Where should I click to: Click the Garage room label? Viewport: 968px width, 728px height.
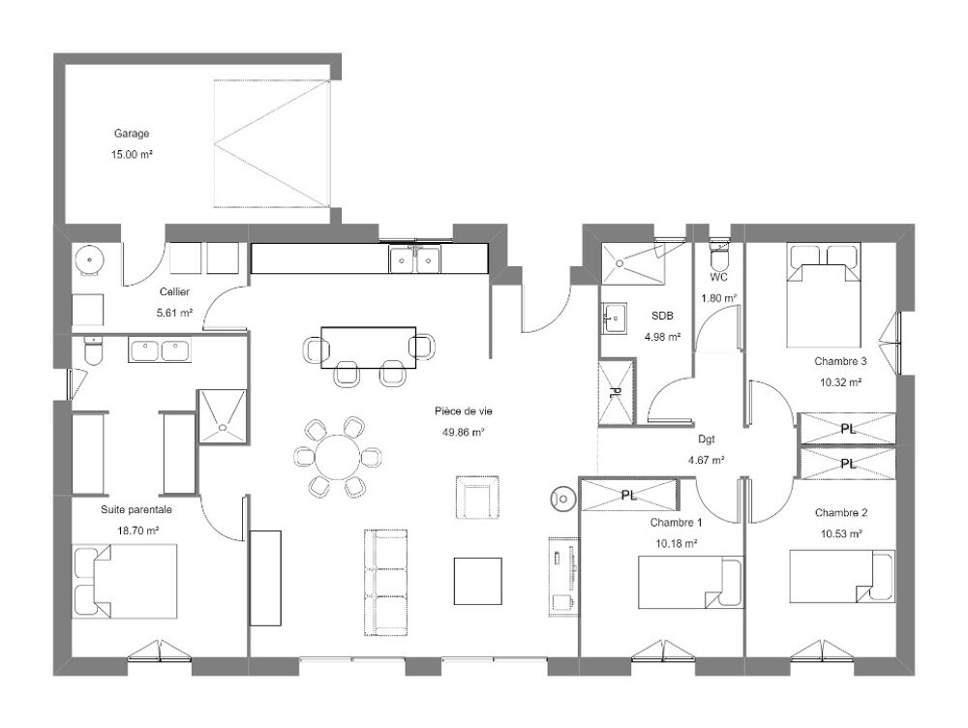tap(132, 134)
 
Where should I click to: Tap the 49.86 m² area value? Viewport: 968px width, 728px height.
tap(463, 432)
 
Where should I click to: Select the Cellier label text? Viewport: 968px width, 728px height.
tap(174, 291)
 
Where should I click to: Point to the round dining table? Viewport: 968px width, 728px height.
tap(337, 457)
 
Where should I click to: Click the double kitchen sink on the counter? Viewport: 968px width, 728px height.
tap(414, 259)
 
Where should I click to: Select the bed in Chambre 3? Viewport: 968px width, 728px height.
tap(824, 295)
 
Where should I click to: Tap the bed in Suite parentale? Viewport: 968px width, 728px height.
tap(125, 581)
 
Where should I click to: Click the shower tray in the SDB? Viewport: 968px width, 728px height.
tap(634, 263)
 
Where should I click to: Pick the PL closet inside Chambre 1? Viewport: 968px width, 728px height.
tap(628, 495)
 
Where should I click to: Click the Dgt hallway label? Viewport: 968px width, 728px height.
tap(707, 440)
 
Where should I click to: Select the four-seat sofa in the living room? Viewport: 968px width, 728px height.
tap(386, 582)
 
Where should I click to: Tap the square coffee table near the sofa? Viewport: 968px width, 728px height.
tap(478, 581)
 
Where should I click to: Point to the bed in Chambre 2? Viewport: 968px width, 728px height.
tap(842, 576)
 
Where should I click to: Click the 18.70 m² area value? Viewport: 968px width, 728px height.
tap(138, 531)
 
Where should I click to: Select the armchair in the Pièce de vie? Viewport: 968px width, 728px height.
tap(476, 498)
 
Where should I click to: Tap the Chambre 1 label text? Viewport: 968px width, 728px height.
tap(676, 523)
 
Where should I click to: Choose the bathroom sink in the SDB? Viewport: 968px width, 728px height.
tap(614, 318)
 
